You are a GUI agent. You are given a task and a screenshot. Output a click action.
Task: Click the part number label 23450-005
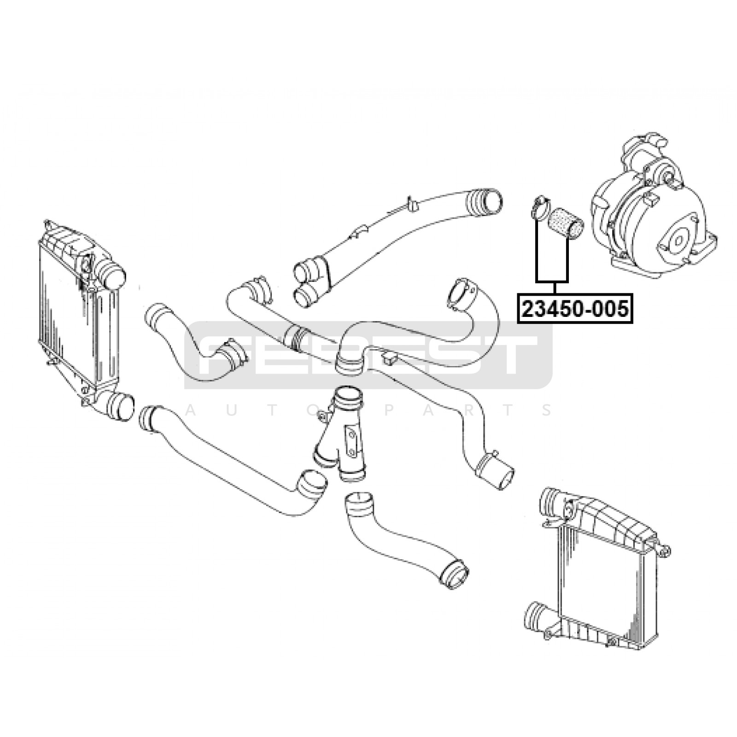(575, 309)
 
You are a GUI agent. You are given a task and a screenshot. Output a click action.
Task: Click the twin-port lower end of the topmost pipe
(306, 283)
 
